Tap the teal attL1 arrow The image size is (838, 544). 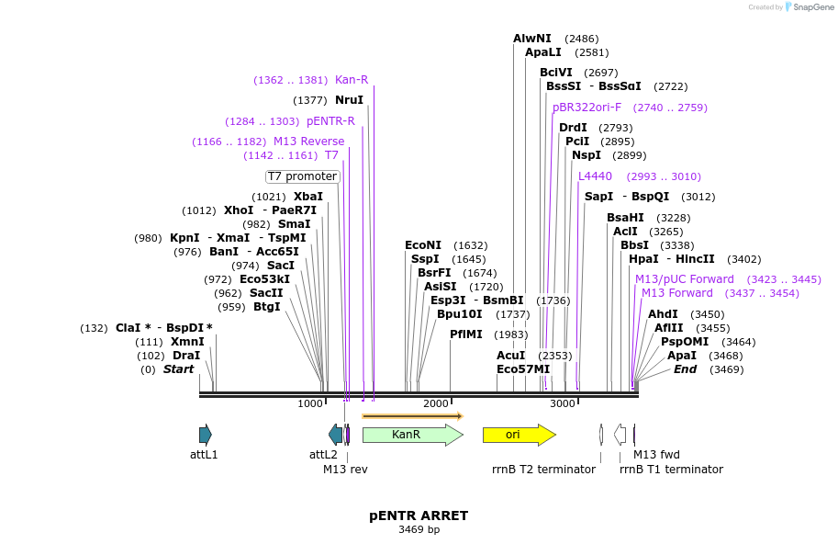(206, 435)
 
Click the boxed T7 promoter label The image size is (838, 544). (303, 176)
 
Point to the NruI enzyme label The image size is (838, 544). (349, 100)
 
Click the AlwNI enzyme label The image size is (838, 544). (532, 39)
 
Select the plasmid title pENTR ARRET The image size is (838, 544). (419, 516)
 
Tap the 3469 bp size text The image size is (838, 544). (419, 530)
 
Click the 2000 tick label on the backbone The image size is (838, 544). (436, 403)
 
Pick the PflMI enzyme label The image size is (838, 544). (466, 334)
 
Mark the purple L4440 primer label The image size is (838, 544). (595, 176)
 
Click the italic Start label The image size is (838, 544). (179, 369)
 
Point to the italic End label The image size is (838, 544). (685, 369)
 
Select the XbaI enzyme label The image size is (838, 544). (308, 197)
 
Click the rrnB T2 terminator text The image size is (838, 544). (543, 470)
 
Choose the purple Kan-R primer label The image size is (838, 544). (352, 80)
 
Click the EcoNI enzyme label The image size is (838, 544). (423, 245)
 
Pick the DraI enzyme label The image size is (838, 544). (186, 356)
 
